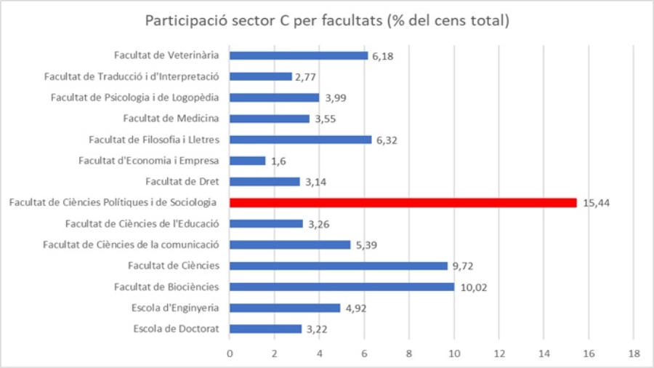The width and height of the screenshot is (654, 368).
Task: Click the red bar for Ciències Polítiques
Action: click(403, 202)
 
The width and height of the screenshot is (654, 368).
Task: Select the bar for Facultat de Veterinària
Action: click(299, 55)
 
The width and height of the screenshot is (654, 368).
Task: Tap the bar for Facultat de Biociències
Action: click(342, 287)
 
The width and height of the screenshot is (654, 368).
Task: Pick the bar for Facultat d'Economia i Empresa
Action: click(248, 160)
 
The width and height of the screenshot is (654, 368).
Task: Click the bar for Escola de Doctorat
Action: click(265, 329)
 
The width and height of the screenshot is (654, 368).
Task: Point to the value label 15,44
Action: click(596, 203)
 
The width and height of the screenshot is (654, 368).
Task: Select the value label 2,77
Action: click(305, 76)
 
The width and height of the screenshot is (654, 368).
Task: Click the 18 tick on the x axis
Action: click(633, 353)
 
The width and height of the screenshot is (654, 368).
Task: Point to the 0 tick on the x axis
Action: click(230, 353)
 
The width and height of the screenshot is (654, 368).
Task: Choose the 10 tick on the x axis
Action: click(453, 353)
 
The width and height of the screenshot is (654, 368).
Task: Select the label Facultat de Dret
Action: click(187, 181)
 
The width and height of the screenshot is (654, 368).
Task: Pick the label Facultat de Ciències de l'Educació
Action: click(148, 223)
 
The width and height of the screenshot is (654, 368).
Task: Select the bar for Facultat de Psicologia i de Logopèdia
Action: click(274, 97)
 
